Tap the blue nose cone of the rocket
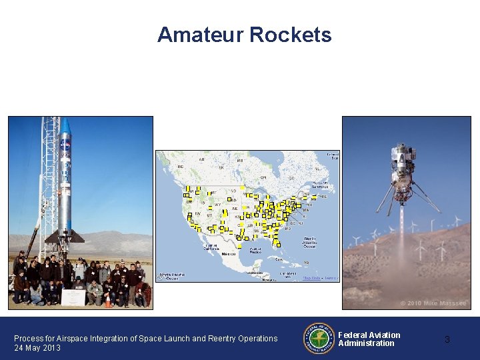pos(66,126)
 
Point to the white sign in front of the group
pos(73,297)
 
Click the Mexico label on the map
pos(229,254)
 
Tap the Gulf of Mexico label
pos(255,251)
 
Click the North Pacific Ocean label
pos(169,276)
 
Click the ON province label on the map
pos(263,177)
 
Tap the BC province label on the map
pos(179,167)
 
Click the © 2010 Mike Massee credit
pos(433,303)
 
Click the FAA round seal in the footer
pos(319,339)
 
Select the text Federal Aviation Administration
pos(369,339)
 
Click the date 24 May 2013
pos(37,348)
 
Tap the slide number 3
pos(447,339)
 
